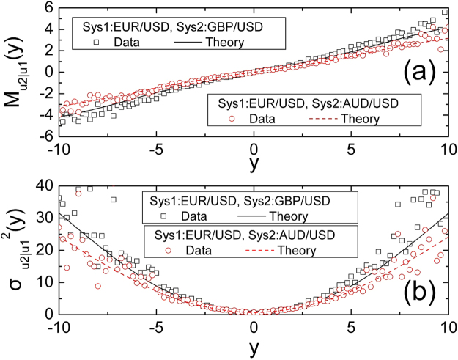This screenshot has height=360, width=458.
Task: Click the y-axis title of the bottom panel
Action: [x=16, y=254]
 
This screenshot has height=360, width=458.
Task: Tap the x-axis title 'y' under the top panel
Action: [x=254, y=165]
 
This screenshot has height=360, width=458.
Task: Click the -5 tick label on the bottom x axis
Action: [x=158, y=328]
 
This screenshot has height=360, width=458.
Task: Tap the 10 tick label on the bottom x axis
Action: [x=447, y=328]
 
